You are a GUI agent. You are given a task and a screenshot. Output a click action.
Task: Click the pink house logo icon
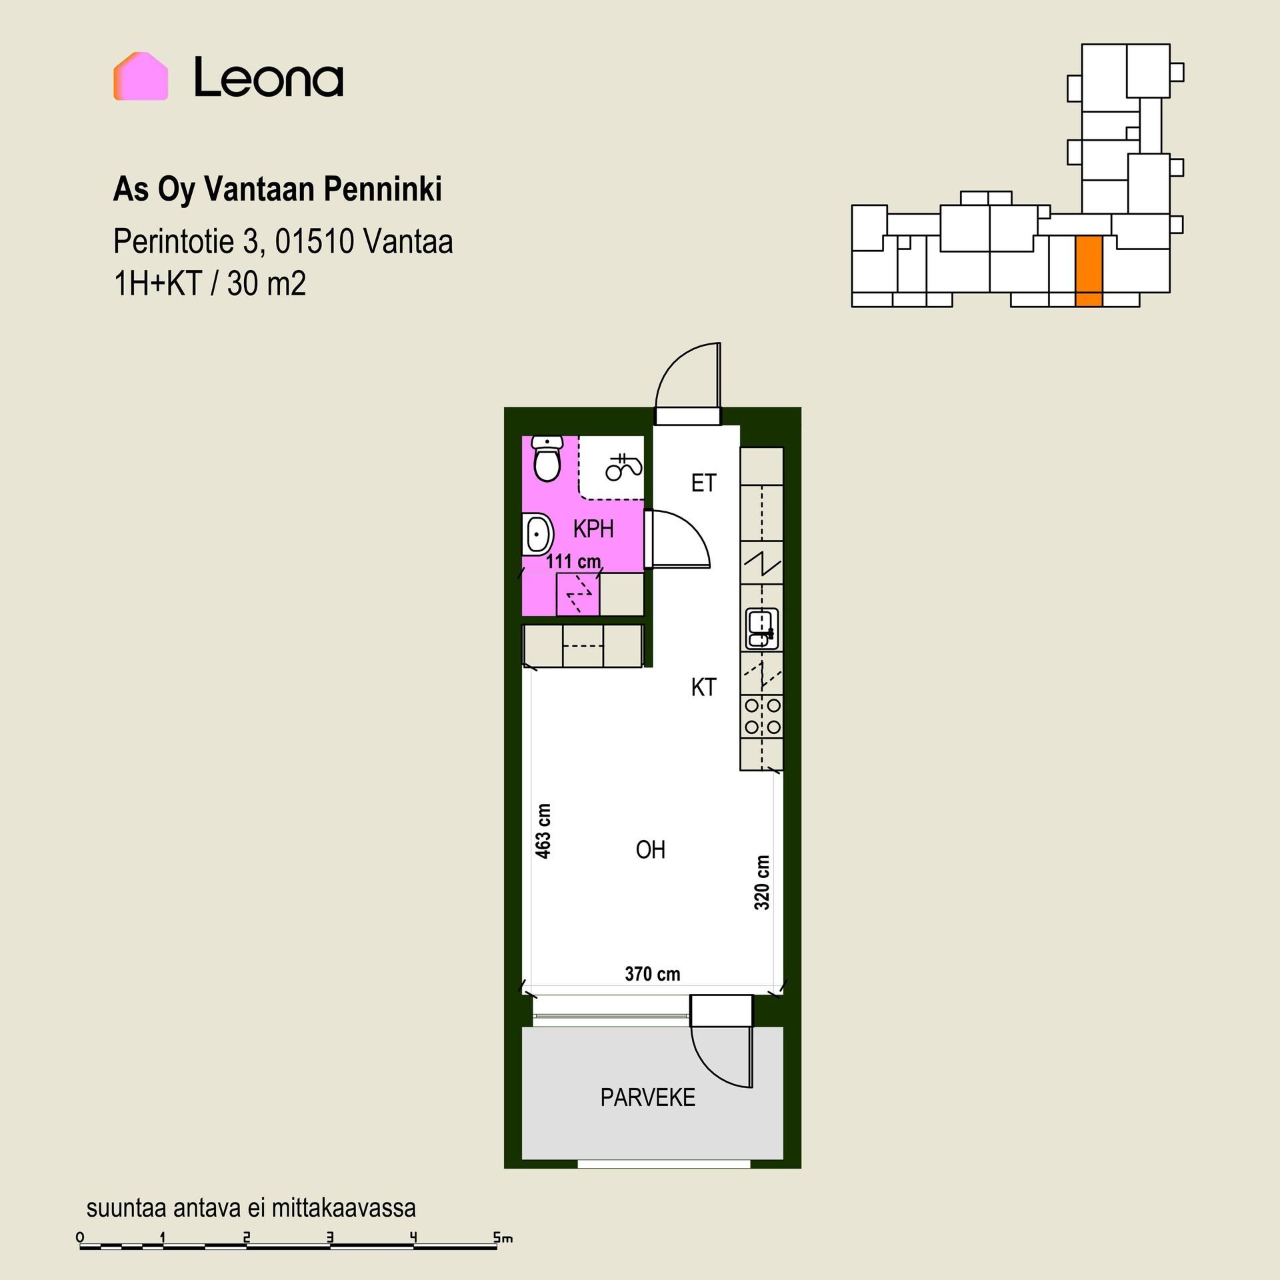pyautogui.click(x=141, y=76)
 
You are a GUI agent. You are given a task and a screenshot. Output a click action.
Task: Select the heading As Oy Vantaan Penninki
pyautogui.click(x=277, y=190)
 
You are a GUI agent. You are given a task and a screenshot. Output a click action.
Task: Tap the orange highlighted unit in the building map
pyautogui.click(x=1089, y=271)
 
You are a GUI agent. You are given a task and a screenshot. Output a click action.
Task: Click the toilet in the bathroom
pyautogui.click(x=548, y=459)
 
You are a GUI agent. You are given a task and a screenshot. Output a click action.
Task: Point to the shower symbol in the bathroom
pyautogui.click(x=624, y=467)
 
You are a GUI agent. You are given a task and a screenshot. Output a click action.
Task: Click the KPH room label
pyautogui.click(x=593, y=529)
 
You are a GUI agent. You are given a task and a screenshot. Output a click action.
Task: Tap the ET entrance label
pyautogui.click(x=703, y=483)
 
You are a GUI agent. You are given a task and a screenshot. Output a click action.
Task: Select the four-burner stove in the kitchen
pyautogui.click(x=762, y=715)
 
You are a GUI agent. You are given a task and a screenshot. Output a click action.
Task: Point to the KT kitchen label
pyautogui.click(x=703, y=687)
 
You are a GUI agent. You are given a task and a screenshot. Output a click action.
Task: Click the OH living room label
pyautogui.click(x=651, y=850)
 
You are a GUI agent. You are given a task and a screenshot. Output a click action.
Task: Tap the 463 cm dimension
pyautogui.click(x=543, y=831)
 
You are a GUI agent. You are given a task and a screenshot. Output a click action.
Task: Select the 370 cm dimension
pyautogui.click(x=653, y=974)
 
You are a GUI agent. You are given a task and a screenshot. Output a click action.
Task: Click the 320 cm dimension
pyautogui.click(x=762, y=883)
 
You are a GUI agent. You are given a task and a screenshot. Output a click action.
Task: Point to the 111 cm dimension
pyautogui.click(x=574, y=561)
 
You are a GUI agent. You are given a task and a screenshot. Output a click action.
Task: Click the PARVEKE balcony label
pyautogui.click(x=648, y=1097)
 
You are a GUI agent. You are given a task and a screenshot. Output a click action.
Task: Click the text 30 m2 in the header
pyautogui.click(x=267, y=284)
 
